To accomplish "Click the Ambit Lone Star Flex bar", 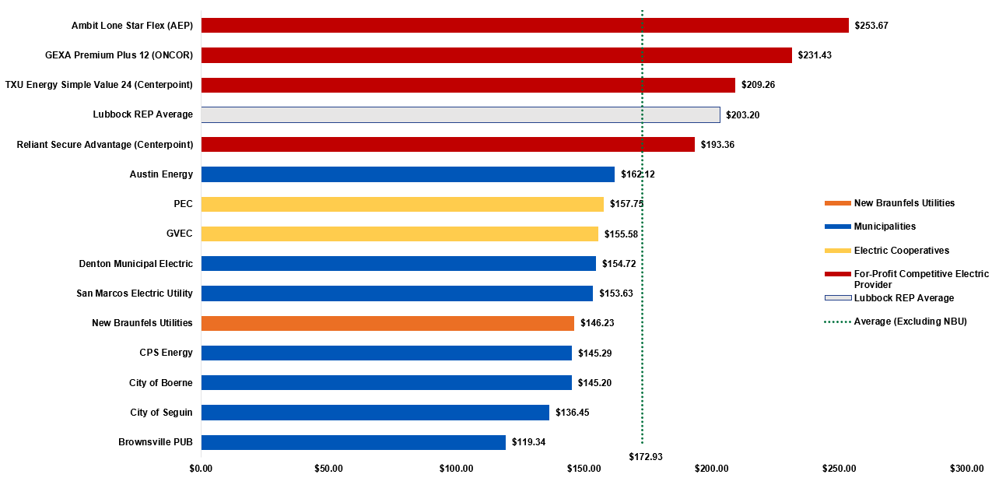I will tap(524, 26).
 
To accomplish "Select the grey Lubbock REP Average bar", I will tap(460, 115).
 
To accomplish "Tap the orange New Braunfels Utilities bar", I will tap(387, 323).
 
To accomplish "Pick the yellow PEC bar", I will tap(402, 204).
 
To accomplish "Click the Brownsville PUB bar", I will tap(353, 442).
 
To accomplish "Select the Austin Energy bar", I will tap(408, 174).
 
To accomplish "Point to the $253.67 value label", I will tap(871, 26).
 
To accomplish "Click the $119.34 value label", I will tap(528, 442).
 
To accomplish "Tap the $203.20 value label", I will tap(742, 115).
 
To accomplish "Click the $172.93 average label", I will tap(646, 456).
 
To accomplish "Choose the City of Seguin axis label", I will tap(161, 413).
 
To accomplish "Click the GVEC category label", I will tap(179, 234).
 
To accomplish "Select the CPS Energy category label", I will tap(166, 353).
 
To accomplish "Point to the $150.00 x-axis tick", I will tap(584, 469).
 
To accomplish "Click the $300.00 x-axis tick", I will tap(966, 469).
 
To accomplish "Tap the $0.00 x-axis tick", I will tap(201, 469).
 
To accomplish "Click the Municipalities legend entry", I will tap(885, 227).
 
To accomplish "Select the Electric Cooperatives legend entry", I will tap(901, 251).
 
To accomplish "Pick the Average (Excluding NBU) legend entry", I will tap(910, 322).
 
